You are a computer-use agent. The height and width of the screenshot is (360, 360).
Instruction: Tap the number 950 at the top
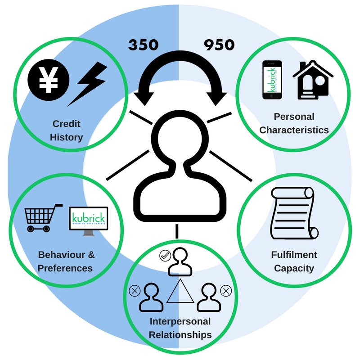coord(219,45)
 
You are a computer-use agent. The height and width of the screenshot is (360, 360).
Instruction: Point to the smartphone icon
coord(271,80)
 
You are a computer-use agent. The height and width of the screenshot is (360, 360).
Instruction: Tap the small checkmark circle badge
coord(165,256)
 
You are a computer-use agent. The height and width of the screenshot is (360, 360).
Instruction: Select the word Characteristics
coord(294,130)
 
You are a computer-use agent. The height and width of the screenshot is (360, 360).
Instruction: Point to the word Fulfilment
coord(294,255)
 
